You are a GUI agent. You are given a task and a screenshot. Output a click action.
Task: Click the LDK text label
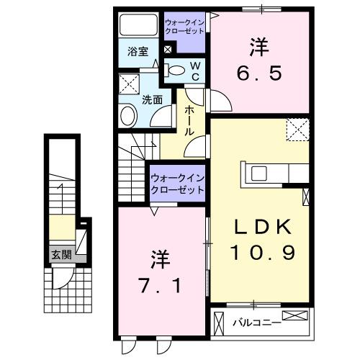(261, 228)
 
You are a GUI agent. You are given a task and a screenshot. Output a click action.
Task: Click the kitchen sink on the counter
(258, 174)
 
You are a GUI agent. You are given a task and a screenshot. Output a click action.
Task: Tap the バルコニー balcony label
(256, 323)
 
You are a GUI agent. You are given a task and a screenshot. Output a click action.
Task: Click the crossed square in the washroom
(129, 83)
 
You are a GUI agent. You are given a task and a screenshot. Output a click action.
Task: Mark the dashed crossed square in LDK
(297, 130)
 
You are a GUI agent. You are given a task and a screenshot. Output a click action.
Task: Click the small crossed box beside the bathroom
(168, 50)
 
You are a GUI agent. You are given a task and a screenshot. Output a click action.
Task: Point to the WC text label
(194, 69)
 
